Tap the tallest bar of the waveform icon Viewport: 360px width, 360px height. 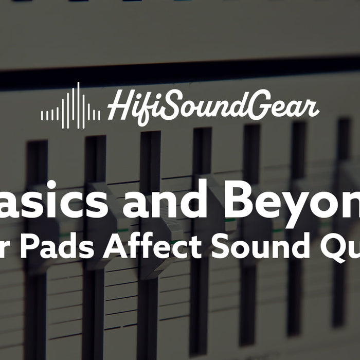pos(79,105)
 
